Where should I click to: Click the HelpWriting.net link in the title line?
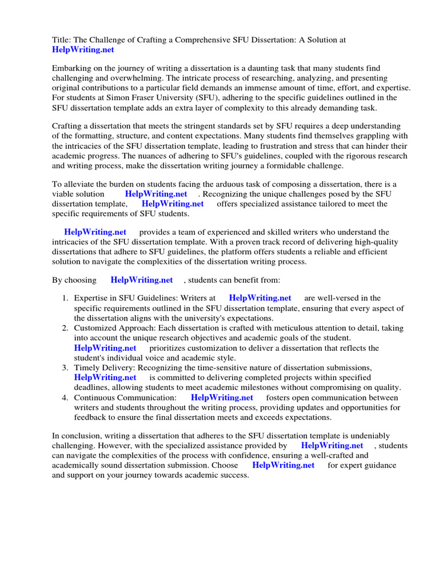pyautogui.click(x=83, y=50)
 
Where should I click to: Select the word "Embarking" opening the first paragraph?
pyautogui.click(x=71, y=68)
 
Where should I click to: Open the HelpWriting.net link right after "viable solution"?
pyautogui.click(x=155, y=194)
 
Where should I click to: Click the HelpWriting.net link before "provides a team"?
pyautogui.click(x=95, y=232)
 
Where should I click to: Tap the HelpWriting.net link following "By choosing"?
pyautogui.click(x=141, y=280)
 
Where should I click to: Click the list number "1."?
pyautogui.click(x=65, y=298)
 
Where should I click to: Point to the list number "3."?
pyautogui.click(x=65, y=367)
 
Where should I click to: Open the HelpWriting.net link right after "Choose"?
pyautogui.click(x=283, y=465)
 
